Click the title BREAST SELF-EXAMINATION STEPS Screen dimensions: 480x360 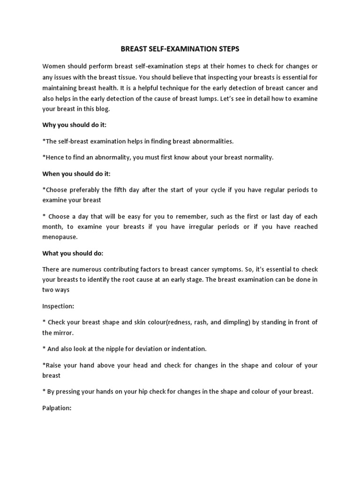[180, 48]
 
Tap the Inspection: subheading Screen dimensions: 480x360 [58, 306]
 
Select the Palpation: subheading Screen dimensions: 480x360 [57, 408]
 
